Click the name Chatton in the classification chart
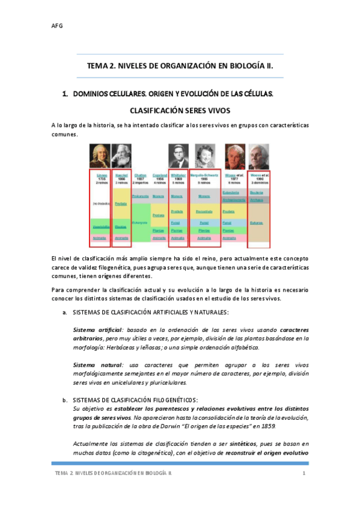pyautogui.click(x=141, y=175)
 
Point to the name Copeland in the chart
pyautogui.click(x=159, y=175)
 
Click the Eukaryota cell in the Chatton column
pyautogui.click(x=140, y=222)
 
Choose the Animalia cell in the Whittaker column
pyautogui.click(x=177, y=238)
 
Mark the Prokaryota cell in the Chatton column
pyautogui.click(x=140, y=196)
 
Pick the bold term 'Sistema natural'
pyautogui.click(x=91, y=364)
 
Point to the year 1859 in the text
pyautogui.click(x=284, y=426)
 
